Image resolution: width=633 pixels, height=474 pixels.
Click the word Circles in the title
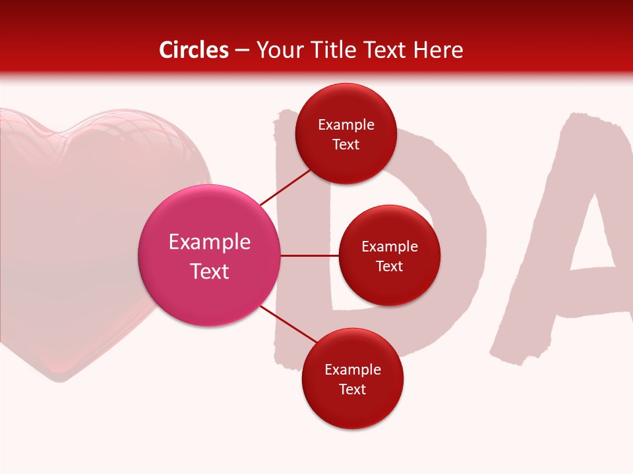tap(194, 50)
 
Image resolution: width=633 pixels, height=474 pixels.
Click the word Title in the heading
tap(333, 50)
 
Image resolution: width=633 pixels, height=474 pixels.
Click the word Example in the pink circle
tap(210, 242)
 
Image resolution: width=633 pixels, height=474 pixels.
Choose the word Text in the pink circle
tap(210, 271)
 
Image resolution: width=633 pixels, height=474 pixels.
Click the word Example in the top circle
tap(346, 125)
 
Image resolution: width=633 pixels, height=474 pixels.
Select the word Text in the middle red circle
tap(390, 267)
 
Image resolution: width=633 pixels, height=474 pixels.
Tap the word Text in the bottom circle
tap(353, 390)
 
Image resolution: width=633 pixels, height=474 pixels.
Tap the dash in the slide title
tap(242, 50)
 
